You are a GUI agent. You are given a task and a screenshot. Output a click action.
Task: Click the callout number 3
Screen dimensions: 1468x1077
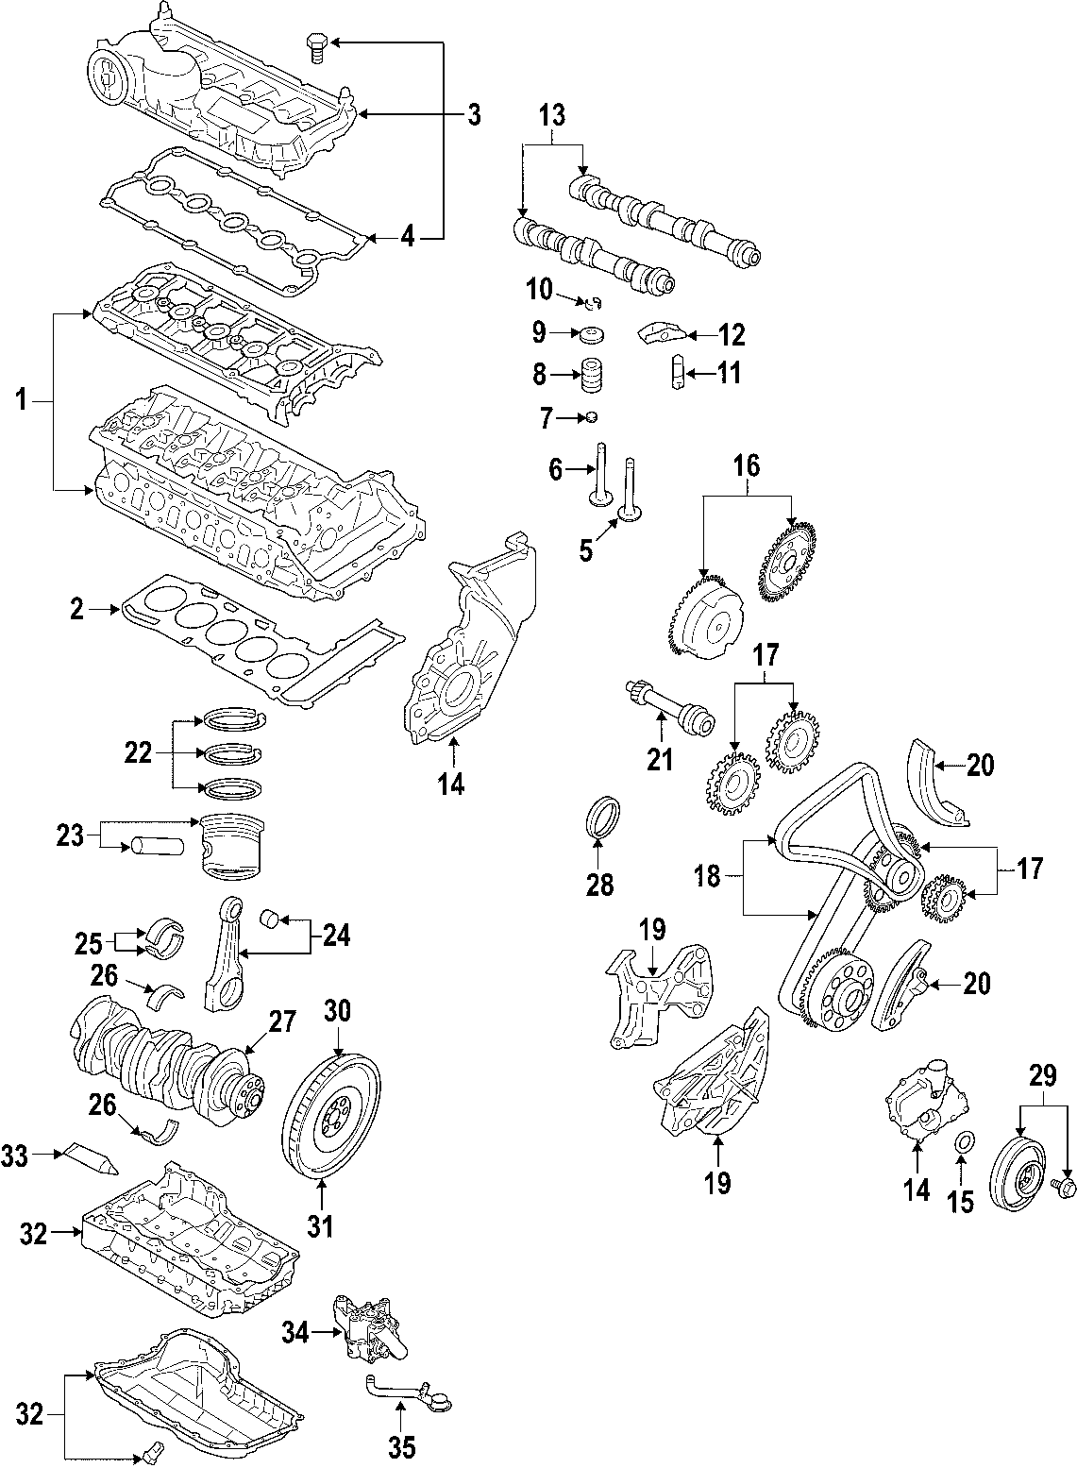coord(474,115)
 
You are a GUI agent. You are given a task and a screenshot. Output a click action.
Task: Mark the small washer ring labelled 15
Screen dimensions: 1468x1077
coord(961,1145)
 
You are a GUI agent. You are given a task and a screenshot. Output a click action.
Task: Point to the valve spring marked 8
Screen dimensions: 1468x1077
coord(590,376)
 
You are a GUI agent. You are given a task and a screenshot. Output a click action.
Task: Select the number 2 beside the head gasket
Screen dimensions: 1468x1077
coord(77,611)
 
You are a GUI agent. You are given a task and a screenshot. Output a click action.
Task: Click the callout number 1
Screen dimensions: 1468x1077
coord(20,401)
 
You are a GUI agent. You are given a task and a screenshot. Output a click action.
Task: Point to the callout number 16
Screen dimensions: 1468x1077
coord(746,466)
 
